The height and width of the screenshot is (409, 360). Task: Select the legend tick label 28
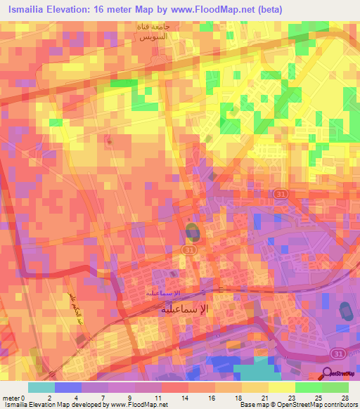click(345, 397)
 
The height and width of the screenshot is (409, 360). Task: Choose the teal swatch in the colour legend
click(41, 387)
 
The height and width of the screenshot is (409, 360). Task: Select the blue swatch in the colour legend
click(68, 387)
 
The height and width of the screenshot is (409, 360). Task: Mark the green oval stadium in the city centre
click(193, 232)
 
